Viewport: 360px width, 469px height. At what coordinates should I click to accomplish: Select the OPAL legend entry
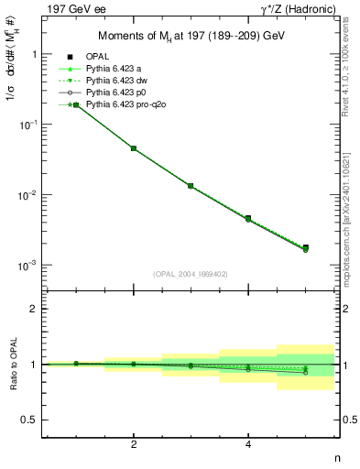click(x=98, y=57)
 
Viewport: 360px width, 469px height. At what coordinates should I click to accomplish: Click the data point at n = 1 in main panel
click(x=76, y=105)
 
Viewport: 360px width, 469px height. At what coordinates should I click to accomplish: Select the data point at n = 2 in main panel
click(x=134, y=147)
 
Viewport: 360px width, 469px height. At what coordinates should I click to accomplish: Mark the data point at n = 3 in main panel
click(x=191, y=186)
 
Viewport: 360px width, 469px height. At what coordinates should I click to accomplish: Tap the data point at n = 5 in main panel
click(x=305, y=247)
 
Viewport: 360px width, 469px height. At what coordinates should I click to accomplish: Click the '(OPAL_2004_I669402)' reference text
click(x=190, y=274)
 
